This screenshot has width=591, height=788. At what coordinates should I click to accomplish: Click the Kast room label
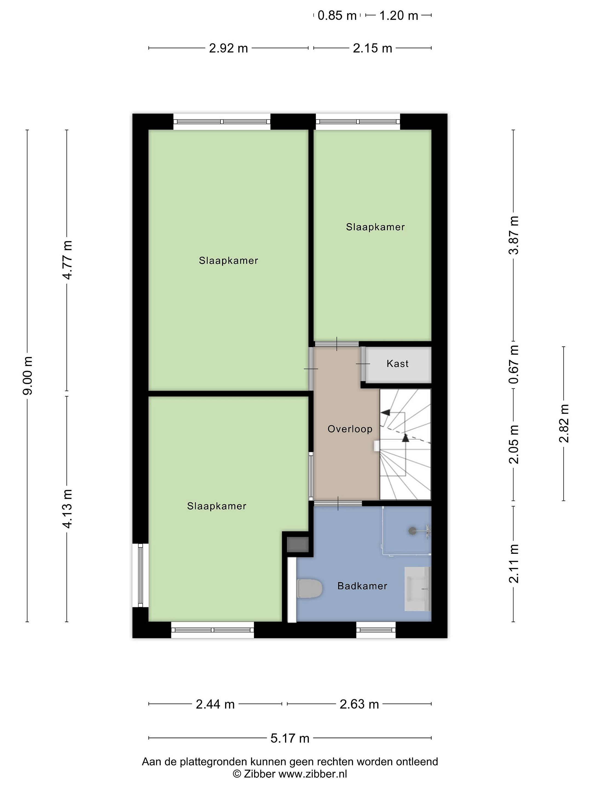[x=397, y=364]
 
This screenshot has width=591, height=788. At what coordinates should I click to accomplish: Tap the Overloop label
[x=350, y=429]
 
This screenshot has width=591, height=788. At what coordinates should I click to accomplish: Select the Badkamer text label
[x=362, y=586]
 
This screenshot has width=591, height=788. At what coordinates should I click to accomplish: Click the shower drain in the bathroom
[x=412, y=531]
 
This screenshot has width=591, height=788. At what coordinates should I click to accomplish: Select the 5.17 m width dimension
[x=290, y=738]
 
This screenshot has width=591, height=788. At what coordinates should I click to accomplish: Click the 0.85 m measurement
[x=337, y=16]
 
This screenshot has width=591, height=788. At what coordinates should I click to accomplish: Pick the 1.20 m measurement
[x=399, y=16]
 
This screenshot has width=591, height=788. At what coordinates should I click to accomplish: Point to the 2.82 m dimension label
[x=564, y=424]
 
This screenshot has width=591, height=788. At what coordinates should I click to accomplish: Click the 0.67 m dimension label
[x=513, y=364]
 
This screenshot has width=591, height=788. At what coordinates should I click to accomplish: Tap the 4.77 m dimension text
[x=67, y=260]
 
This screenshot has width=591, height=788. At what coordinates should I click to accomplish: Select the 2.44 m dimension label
[x=215, y=704]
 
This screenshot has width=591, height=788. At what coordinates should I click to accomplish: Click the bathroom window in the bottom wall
[x=376, y=630]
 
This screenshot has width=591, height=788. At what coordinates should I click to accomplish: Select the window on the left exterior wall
[x=140, y=575]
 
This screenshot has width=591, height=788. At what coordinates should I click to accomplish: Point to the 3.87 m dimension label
[x=513, y=235]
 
